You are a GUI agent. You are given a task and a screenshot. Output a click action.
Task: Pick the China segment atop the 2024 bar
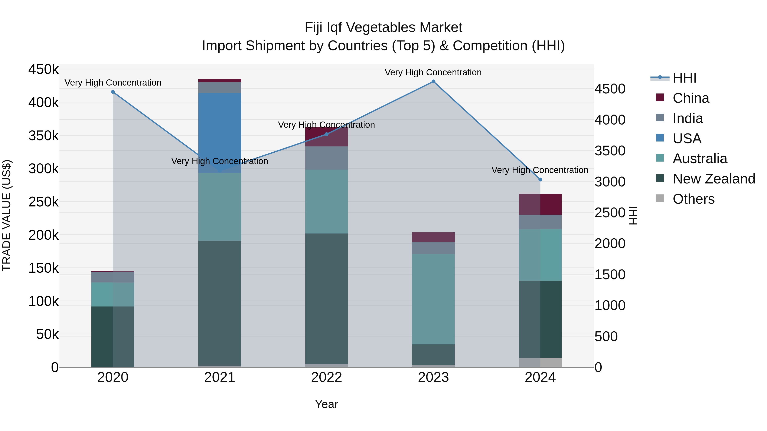pyautogui.click(x=540, y=204)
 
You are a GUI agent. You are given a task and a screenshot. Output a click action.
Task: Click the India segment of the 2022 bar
pyautogui.click(x=326, y=158)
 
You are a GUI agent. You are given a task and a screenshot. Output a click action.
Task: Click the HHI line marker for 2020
pyautogui.click(x=113, y=92)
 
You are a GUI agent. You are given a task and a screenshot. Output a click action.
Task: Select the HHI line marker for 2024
pyautogui.click(x=540, y=179)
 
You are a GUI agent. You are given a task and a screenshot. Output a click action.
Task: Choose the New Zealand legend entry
pyautogui.click(x=713, y=179)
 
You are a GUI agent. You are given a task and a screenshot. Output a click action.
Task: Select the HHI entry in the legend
pyautogui.click(x=684, y=78)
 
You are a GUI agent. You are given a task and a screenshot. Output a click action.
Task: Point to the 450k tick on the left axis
pyautogui.click(x=43, y=70)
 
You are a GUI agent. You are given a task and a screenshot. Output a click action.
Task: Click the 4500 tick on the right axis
pyautogui.click(x=610, y=89)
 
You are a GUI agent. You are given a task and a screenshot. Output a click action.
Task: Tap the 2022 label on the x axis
pyautogui.click(x=326, y=377)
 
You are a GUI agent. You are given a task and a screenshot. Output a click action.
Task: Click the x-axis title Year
pyautogui.click(x=326, y=404)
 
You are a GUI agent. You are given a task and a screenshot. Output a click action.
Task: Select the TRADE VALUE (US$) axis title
pyautogui.click(x=7, y=215)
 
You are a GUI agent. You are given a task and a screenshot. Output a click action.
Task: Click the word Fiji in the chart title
pyautogui.click(x=314, y=27)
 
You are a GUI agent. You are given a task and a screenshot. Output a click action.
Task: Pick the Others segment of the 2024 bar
pyautogui.click(x=540, y=362)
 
